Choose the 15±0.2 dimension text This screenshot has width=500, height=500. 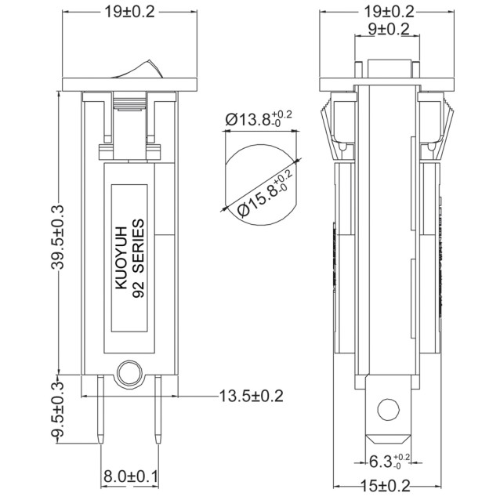tap(385, 487)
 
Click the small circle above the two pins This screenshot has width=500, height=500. tap(128, 371)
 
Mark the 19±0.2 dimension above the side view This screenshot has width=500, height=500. tap(385, 11)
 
